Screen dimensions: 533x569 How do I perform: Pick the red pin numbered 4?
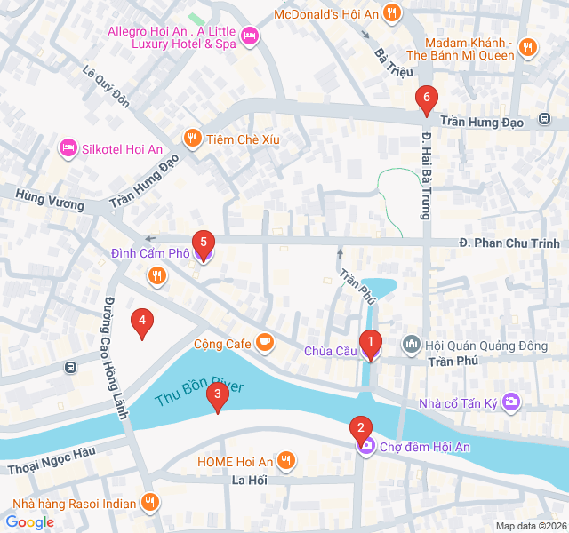(140, 323)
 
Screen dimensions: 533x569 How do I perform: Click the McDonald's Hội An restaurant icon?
(392, 14)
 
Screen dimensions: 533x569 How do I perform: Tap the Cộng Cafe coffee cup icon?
(264, 342)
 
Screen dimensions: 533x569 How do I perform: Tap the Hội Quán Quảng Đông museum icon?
(411, 343)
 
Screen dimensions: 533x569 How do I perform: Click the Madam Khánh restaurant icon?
(527, 48)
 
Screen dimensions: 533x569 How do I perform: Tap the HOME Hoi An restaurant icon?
(285, 461)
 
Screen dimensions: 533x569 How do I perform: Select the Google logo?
(29, 522)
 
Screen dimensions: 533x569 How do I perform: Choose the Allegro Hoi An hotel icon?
(250, 36)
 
